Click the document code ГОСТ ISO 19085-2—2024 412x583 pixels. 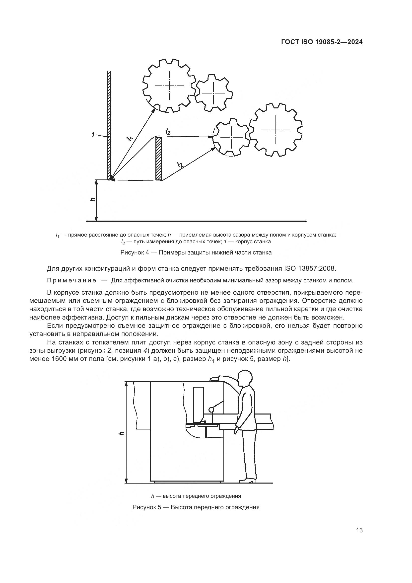pyautogui.click(x=322, y=42)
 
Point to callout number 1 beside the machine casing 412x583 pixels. pyautogui.click(x=94, y=134)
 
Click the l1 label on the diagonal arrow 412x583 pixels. pyautogui.click(x=130, y=138)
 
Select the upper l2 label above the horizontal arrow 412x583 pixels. pyautogui.click(x=168, y=132)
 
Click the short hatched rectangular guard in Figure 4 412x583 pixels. pyautogui.click(x=159, y=159)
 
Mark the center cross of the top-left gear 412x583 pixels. pyautogui.click(x=169, y=85)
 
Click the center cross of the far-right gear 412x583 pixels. pyautogui.click(x=276, y=130)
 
